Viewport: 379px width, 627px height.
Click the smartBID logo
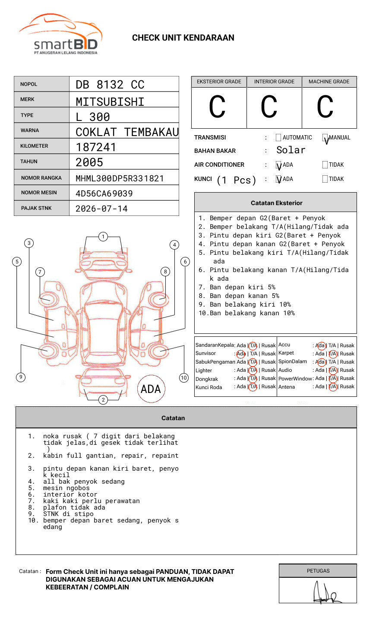60,35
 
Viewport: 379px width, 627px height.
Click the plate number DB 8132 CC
110,85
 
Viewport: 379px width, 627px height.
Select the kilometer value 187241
96,147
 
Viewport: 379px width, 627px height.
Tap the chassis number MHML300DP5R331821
120,178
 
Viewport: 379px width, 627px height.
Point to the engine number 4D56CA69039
104,193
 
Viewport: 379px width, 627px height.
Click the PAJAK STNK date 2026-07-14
101,209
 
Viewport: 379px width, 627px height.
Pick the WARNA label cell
41,130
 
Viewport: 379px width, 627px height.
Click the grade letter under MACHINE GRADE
325,107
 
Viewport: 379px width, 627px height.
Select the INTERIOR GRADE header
274,82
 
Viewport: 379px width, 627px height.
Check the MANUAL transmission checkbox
325,138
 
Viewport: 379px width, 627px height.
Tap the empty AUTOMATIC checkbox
278,138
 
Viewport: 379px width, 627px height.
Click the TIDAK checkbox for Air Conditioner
325,165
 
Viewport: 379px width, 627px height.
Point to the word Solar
291,150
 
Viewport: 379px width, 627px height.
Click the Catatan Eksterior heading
276,203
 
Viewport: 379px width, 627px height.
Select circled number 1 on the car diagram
103,236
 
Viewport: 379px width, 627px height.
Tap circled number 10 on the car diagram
184,377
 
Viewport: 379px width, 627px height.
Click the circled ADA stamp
151,389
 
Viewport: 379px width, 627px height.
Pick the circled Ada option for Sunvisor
241,354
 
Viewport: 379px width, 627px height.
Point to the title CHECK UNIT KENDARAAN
183,38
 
